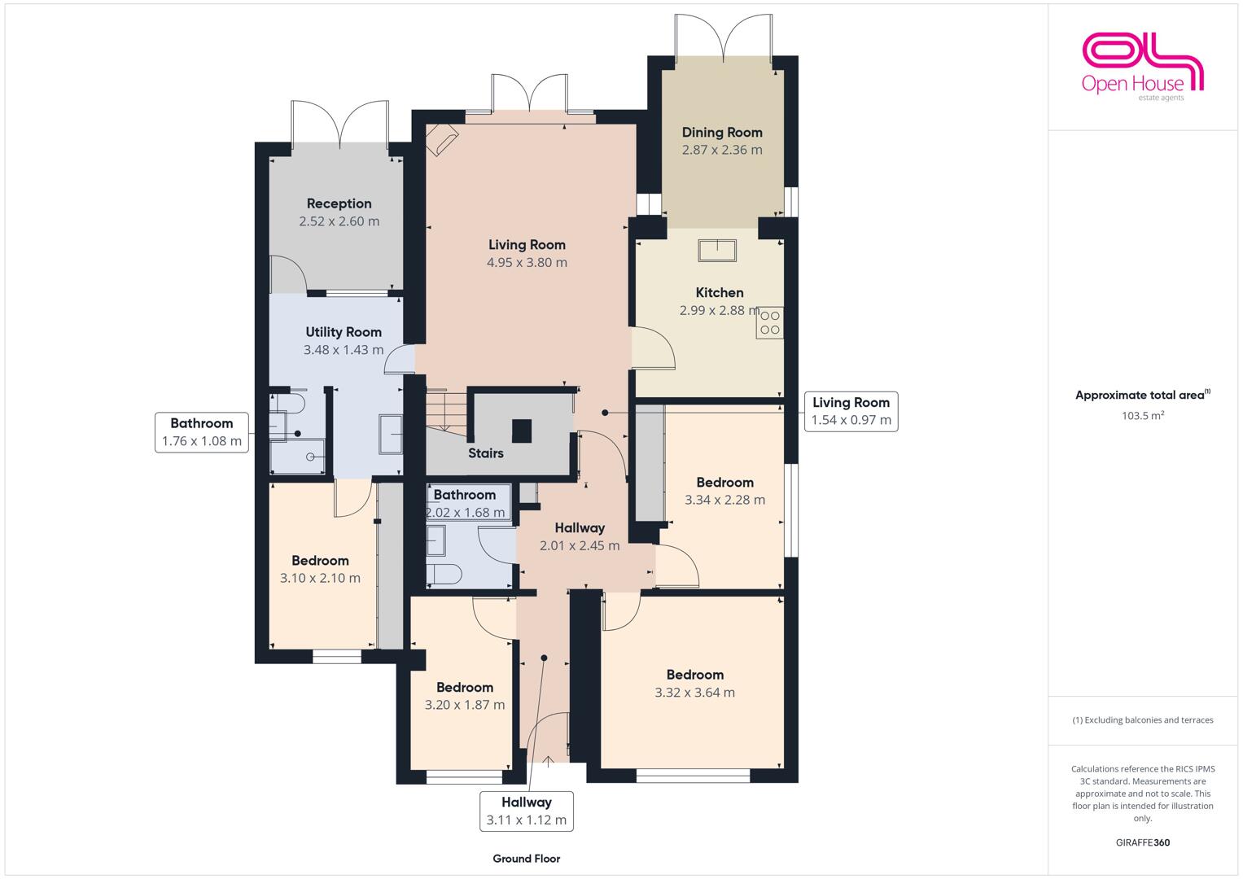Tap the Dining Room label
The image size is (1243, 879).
point(722,133)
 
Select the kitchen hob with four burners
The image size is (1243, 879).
point(770,322)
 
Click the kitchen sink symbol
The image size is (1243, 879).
point(717,251)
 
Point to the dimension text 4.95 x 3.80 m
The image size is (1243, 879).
point(527,262)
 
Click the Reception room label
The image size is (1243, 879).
point(339,203)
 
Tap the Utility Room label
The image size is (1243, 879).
point(344,332)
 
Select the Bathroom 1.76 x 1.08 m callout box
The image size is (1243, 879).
point(201,432)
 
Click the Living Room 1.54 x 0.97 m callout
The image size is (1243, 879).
point(851,411)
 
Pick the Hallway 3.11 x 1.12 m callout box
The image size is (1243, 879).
point(527,811)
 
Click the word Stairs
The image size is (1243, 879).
point(485,453)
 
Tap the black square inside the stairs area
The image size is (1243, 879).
point(522,431)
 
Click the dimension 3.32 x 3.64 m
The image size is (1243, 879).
point(694,693)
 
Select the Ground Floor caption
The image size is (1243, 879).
point(527,859)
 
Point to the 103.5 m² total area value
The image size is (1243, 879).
point(1143,415)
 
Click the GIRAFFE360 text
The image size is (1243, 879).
point(1143,842)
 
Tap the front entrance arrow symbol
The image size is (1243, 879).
point(548,761)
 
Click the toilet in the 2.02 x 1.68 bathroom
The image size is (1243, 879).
point(444,575)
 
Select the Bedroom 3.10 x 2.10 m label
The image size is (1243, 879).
point(320,570)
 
